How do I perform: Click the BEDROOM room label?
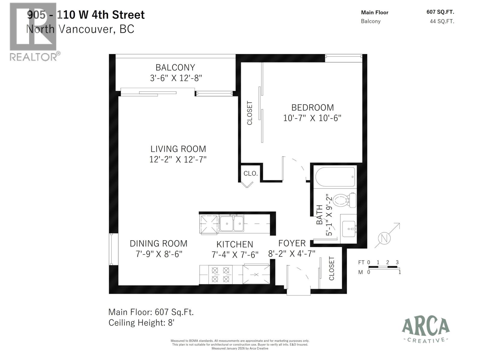[312, 107]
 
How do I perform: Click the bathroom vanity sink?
[349, 229]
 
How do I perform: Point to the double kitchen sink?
[232, 224]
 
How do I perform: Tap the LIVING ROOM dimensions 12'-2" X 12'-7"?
[178, 159]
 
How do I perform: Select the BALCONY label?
[175, 67]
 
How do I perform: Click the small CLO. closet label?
[251, 173]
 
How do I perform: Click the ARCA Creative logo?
[425, 330]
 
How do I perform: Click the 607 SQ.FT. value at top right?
[440, 12]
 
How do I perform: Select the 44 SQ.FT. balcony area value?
[442, 21]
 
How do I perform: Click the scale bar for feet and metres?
[383, 267]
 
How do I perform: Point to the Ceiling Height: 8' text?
[141, 323]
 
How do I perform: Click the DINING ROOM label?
[158, 243]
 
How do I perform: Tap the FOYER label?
[292, 243]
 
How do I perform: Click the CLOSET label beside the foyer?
[331, 268]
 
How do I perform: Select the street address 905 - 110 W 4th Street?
[86, 15]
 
